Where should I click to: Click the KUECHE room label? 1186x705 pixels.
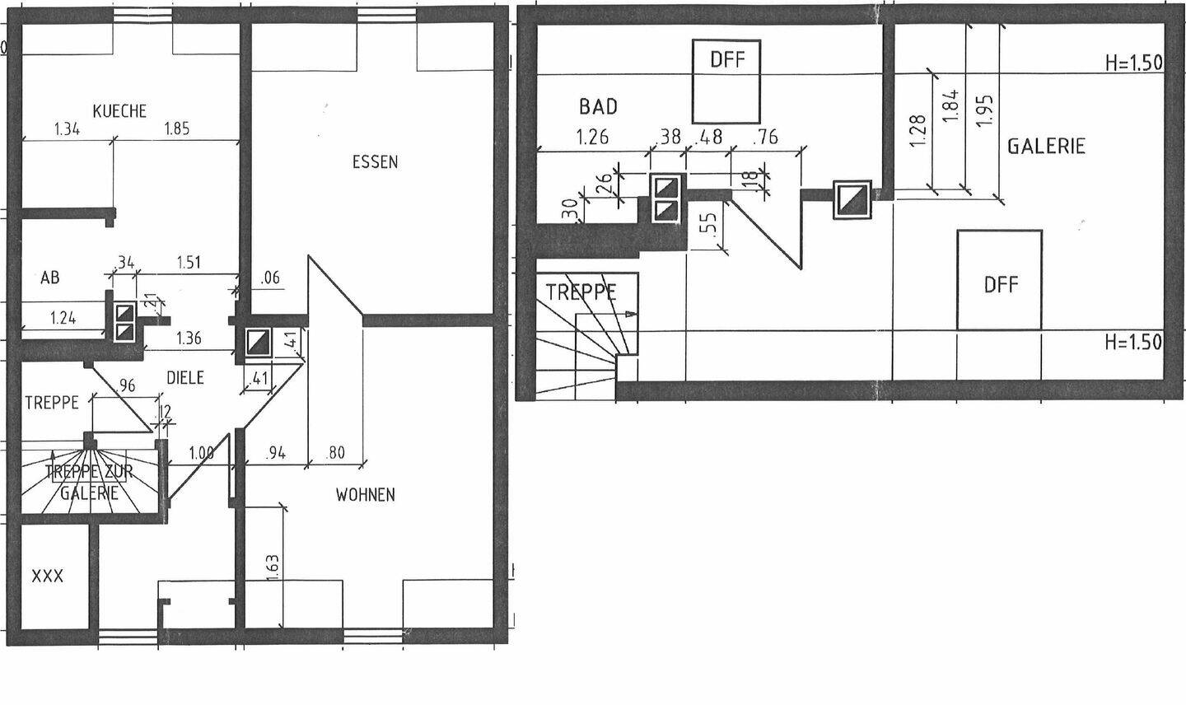pos(119,111)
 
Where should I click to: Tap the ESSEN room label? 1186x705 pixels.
pos(375,162)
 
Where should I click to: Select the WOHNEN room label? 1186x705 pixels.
pos(365,495)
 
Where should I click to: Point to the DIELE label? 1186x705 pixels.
pos(185,378)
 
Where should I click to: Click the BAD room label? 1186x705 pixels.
pos(598,106)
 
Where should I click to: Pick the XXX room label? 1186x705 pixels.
pos(47,577)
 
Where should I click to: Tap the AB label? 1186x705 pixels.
pos(50,278)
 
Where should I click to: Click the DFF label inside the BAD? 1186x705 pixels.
pos(726,59)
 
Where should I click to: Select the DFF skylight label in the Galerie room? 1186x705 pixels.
pos(1001,285)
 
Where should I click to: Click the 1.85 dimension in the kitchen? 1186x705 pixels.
pos(177,128)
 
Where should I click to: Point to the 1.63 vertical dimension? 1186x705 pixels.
pos(273,569)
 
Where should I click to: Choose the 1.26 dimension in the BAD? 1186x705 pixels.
pos(592,137)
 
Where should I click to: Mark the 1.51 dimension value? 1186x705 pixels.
pos(189,263)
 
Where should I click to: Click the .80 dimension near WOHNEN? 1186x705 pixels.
pos(335,452)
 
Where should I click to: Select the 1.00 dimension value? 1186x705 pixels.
pos(201,452)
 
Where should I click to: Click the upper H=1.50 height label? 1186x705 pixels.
pos(1134,63)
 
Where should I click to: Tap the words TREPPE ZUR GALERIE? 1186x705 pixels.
pos(89,483)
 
